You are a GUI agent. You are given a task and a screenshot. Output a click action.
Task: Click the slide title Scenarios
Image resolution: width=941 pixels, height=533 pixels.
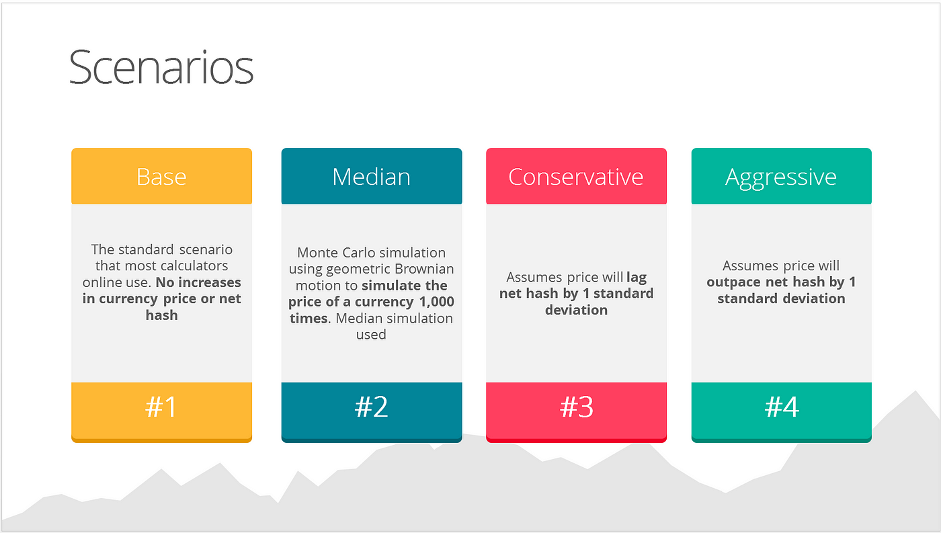(161, 67)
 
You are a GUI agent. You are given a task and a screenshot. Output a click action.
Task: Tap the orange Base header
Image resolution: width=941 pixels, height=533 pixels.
(162, 176)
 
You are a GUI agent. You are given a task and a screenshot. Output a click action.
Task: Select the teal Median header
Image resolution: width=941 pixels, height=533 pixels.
(372, 176)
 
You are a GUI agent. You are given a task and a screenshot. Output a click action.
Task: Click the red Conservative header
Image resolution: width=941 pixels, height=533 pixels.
(577, 176)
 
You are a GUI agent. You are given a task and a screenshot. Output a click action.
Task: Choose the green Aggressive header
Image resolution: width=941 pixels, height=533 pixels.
(781, 176)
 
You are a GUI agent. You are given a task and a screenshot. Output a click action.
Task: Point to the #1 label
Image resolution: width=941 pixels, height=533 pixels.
(161, 407)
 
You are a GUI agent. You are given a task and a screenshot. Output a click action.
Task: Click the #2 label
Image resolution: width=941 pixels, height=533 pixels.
(371, 407)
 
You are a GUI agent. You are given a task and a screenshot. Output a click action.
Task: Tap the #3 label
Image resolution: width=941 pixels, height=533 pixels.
(577, 407)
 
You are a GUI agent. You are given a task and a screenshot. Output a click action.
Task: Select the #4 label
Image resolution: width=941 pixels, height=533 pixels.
(782, 407)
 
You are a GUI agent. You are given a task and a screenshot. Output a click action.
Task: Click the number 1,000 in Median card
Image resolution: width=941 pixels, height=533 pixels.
(437, 302)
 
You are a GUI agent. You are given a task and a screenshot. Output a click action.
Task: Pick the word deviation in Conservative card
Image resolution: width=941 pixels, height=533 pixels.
(577, 310)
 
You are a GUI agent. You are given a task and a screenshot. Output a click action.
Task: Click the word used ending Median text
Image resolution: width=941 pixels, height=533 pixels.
(371, 334)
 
